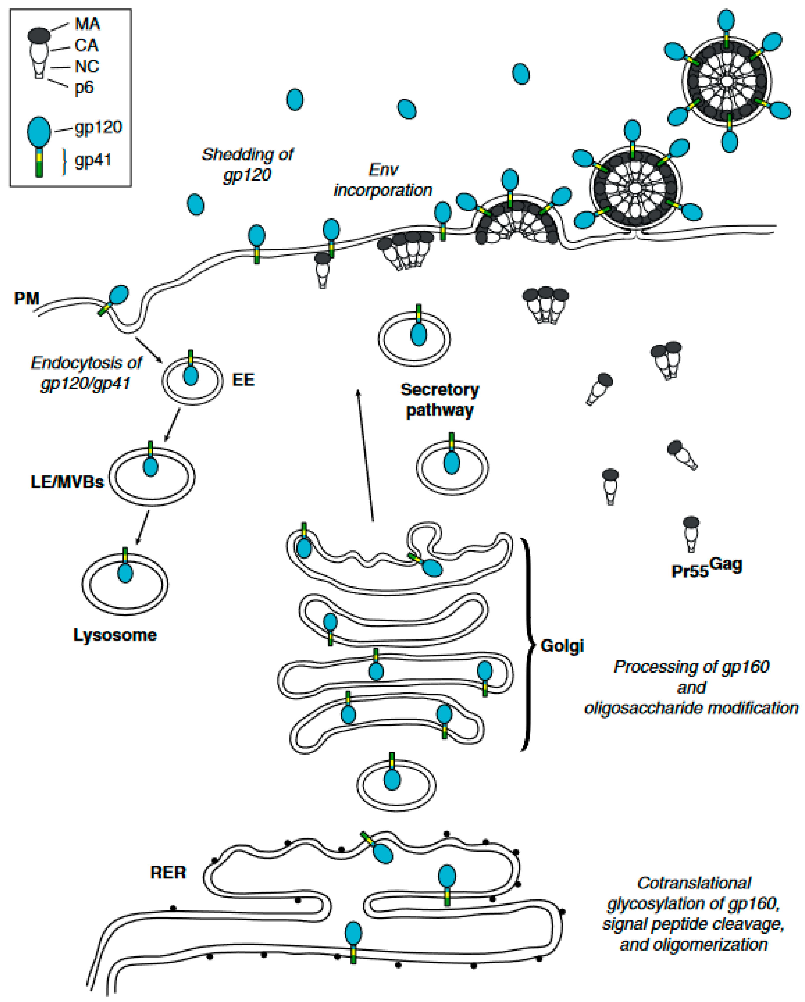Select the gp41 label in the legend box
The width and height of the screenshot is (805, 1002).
pos(93,160)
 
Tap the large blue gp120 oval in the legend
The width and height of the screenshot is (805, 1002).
pos(39,132)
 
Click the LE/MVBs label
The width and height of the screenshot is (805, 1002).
pos(67,482)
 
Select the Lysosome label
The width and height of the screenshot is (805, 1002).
pos(115,635)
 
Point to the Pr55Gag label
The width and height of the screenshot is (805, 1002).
pos(706,568)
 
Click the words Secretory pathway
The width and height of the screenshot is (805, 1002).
pos(440,400)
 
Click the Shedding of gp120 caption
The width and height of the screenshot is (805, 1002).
pos(247,164)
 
